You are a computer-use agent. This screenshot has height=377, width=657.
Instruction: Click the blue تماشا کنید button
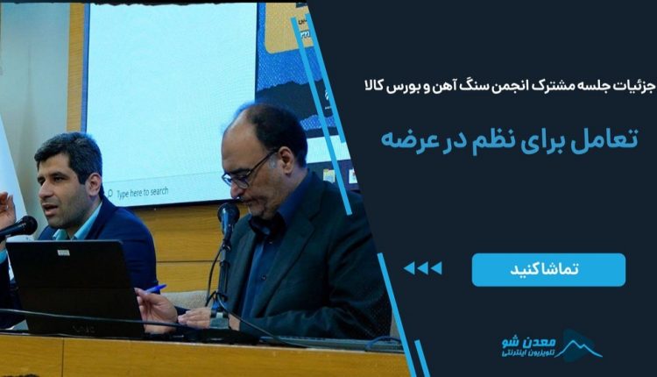548,270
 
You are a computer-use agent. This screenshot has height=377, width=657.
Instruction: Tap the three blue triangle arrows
422,268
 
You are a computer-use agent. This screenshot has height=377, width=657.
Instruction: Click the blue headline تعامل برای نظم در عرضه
509,139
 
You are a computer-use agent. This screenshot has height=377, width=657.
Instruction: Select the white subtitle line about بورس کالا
508,87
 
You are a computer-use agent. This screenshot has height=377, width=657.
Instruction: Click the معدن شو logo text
529,342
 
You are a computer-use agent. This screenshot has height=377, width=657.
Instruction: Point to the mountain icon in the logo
580,345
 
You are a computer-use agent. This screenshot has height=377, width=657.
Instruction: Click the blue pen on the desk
156,288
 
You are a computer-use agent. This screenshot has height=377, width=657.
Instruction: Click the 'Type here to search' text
143,193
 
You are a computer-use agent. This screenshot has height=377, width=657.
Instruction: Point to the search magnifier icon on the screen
110,194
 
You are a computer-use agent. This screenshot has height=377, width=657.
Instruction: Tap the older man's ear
286,162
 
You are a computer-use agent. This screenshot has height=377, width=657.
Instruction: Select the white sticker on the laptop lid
63,253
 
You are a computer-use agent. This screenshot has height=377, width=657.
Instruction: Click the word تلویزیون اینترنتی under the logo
528,353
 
